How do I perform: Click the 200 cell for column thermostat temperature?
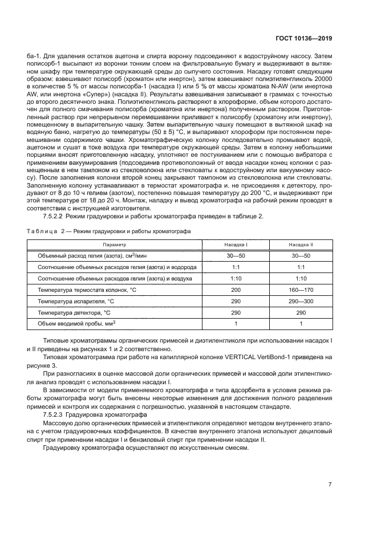236,290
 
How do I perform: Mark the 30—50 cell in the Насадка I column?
236,256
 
